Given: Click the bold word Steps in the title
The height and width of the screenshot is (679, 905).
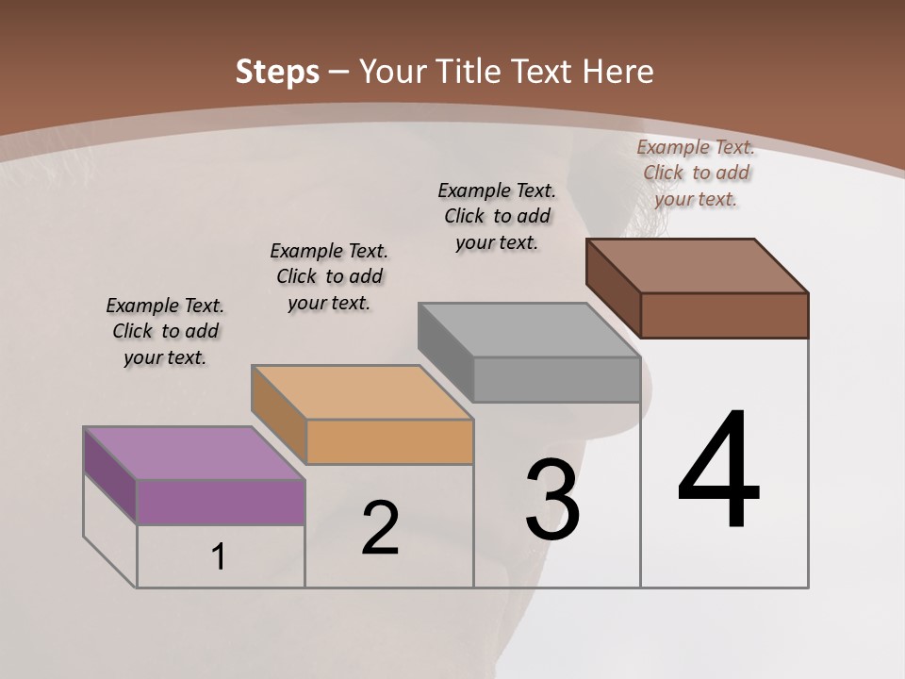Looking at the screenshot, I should click(x=276, y=72).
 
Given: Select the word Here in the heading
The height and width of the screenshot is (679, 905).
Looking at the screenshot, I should click(x=617, y=72).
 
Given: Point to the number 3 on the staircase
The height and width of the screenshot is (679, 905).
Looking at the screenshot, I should click(x=552, y=499).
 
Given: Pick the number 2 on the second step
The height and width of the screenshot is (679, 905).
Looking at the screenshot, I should click(x=381, y=528).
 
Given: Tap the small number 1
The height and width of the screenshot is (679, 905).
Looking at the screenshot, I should click(x=218, y=557).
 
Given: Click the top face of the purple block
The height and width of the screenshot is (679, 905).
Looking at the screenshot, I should click(x=194, y=453).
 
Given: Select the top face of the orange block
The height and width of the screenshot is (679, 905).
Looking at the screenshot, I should click(x=362, y=392).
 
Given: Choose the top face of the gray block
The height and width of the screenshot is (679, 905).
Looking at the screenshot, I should click(x=529, y=330).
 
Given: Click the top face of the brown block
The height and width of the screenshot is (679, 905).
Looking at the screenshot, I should click(x=697, y=266).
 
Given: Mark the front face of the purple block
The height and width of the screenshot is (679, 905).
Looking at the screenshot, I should click(x=221, y=502).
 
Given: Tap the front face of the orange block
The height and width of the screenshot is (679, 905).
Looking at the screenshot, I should click(x=389, y=441).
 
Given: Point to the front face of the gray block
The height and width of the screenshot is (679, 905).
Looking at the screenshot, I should click(x=556, y=379).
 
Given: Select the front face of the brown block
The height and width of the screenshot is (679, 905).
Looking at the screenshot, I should click(x=724, y=315).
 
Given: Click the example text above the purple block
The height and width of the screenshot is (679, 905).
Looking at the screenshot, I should click(x=165, y=331).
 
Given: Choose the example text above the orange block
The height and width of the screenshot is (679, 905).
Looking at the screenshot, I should click(x=329, y=276).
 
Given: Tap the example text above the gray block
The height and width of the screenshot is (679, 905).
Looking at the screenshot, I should click(x=497, y=216).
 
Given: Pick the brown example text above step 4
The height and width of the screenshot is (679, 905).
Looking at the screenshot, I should click(x=696, y=173).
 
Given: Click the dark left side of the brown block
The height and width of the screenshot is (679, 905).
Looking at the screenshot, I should click(x=613, y=287).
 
